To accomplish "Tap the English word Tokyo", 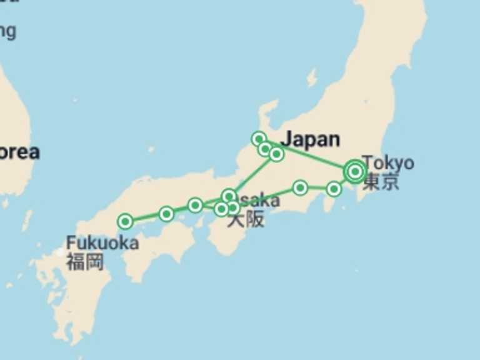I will point(387,162).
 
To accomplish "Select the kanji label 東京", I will point(381,182).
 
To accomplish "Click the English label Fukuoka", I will point(102,242).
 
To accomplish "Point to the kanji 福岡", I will point(85,261).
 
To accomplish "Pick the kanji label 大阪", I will point(246,220).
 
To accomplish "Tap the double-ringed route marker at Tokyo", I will point(355,171).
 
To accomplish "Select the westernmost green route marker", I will point(126,221).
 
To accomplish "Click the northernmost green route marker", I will point(259,139).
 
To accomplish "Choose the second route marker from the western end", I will point(166,214).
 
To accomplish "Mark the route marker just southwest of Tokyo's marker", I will point(334,188).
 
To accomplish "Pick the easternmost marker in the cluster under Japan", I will point(276,154).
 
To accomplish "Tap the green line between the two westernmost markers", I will point(146,218).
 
